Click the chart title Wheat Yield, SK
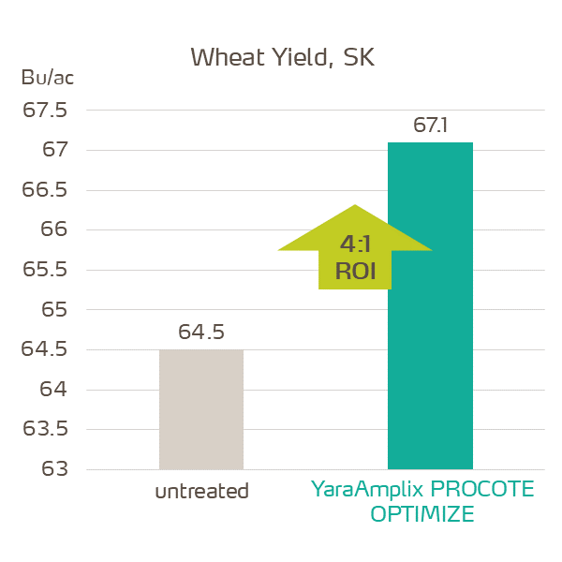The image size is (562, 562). (281, 57)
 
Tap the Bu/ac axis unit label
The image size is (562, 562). (47, 78)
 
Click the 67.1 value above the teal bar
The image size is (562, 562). (430, 126)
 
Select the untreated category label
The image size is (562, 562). (201, 491)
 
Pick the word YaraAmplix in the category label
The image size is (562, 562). (363, 490)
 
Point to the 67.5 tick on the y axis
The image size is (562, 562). (45, 111)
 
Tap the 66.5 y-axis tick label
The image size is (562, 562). (45, 190)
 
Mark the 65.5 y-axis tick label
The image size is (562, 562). (45, 270)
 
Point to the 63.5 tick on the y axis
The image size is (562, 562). (45, 429)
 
